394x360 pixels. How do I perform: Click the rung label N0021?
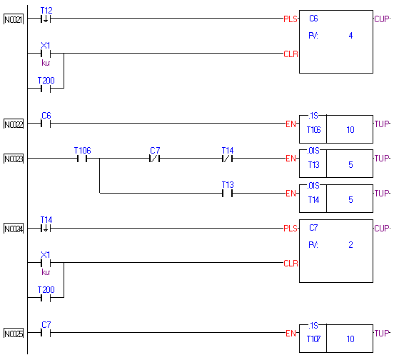click(14, 19)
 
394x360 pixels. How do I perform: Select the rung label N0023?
click(14, 159)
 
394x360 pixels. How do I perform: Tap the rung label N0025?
click(14, 334)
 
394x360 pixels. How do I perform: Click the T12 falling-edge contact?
click(46, 19)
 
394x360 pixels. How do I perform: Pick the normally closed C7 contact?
click(154, 159)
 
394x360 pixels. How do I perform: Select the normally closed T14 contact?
click(227, 159)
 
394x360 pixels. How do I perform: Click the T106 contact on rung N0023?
click(82, 159)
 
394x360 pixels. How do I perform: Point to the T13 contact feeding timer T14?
click(227, 194)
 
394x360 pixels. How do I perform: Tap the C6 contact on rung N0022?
click(46, 124)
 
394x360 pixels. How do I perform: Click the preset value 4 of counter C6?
click(350, 36)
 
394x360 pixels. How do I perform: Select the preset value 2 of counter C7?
click(350, 244)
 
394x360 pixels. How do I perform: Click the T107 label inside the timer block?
click(313, 339)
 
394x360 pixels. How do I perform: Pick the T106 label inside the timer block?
click(313, 130)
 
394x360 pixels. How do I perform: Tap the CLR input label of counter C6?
click(291, 54)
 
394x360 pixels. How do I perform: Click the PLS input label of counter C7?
click(291, 229)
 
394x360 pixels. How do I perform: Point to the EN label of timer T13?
click(291, 159)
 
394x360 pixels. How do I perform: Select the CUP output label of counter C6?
click(382, 19)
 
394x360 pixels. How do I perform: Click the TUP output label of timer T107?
click(382, 334)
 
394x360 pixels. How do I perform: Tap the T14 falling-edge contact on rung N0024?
click(46, 229)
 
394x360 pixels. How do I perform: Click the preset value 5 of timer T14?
click(350, 199)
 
